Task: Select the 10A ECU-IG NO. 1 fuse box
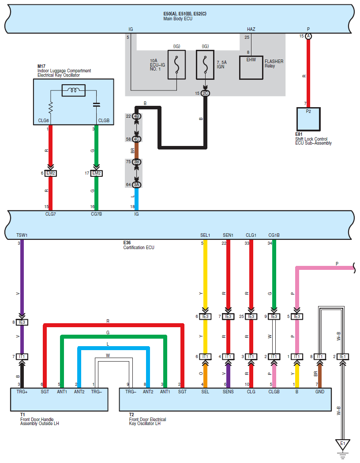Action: tap(176, 65)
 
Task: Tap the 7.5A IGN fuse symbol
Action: tap(205, 65)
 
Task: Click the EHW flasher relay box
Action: tap(251, 67)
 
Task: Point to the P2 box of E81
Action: tap(308, 119)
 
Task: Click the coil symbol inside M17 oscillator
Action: tap(74, 90)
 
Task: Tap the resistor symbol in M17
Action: tap(50, 108)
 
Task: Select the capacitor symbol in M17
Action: tap(96, 105)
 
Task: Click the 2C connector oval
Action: tap(205, 93)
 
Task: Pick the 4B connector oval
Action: tap(136, 116)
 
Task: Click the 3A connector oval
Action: tap(136, 185)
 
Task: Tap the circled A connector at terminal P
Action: tap(308, 36)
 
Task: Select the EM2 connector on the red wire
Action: tap(50, 173)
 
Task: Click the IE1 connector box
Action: tap(343, 357)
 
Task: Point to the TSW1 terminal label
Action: tap(22, 235)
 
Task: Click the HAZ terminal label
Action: tap(251, 29)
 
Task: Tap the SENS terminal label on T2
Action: tap(228, 392)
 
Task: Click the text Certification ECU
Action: tap(139, 247)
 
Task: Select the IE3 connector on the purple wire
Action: tap(22, 322)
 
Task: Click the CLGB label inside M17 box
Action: tap(104, 120)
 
